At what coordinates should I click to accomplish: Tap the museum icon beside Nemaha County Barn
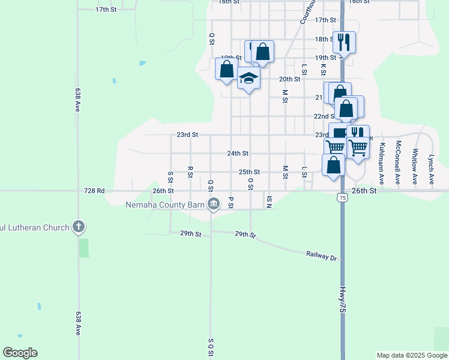[212, 205]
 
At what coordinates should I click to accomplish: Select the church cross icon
[78, 227]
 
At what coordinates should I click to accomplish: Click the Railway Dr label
[322, 256]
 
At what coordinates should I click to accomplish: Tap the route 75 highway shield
[342, 197]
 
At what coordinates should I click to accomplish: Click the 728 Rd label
[95, 191]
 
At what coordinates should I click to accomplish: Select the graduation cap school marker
[249, 78]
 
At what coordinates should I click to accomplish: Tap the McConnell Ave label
[397, 154]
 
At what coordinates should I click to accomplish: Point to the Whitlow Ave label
[414, 158]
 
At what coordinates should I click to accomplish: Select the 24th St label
[238, 154]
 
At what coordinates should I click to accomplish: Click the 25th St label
[249, 172]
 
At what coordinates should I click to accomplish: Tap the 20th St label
[289, 79]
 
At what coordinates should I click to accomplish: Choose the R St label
[190, 172]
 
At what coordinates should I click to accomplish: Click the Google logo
[20, 353]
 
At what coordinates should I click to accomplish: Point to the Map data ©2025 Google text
[412, 355]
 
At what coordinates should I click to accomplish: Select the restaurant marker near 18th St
[344, 41]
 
